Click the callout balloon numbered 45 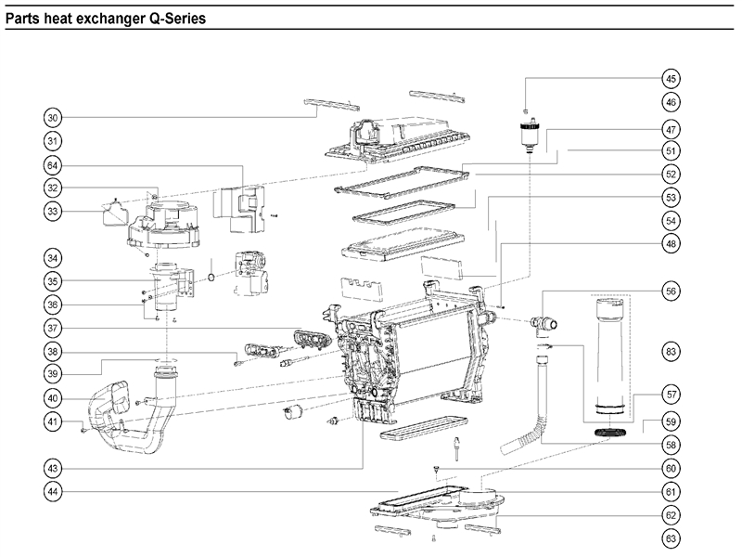click(x=671, y=79)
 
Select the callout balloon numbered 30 click(x=54, y=118)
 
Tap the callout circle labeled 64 click(x=54, y=165)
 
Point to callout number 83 click(x=671, y=351)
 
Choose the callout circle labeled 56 click(x=671, y=291)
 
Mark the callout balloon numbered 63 click(x=671, y=538)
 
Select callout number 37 click(x=54, y=328)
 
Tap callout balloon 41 click(x=54, y=422)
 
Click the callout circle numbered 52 click(x=671, y=174)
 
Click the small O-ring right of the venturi click(x=212, y=277)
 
